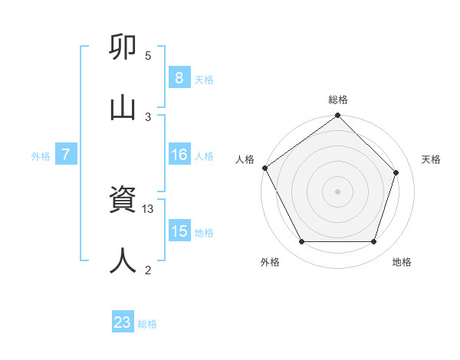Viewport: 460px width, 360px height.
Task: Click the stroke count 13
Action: [149, 209]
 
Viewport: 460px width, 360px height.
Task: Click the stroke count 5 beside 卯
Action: [148, 56]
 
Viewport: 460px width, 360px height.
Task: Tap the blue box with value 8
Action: [179, 77]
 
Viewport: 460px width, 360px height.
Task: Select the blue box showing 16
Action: [179, 155]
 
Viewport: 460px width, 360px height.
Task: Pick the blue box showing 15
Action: [179, 231]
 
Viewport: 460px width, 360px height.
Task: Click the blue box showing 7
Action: [66, 155]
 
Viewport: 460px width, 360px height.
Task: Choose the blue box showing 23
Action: [123, 322]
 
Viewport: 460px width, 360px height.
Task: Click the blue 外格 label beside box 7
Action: [41, 155]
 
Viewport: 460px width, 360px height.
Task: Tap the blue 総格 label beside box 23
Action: [147, 324]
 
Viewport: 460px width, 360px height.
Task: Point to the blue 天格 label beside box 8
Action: [204, 79]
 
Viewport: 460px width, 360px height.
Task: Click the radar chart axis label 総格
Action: [338, 100]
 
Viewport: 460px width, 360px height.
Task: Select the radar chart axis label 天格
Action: [432, 159]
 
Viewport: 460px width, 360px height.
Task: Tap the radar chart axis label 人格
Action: [245, 159]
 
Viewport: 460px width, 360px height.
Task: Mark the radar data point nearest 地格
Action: [373, 242]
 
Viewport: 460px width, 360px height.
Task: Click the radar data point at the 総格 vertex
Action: [338, 116]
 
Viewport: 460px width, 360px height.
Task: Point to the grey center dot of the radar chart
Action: [338, 191]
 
